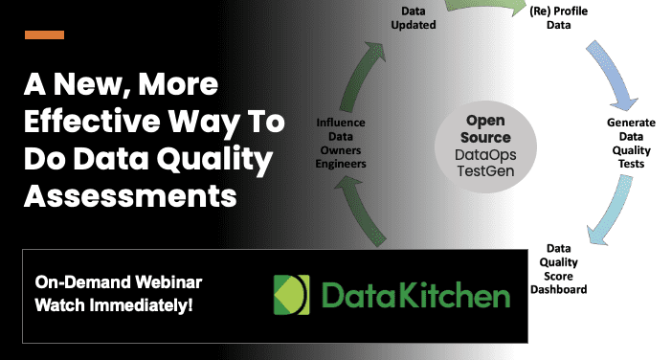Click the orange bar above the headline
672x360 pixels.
tap(44, 34)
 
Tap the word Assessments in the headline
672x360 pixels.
tap(129, 197)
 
